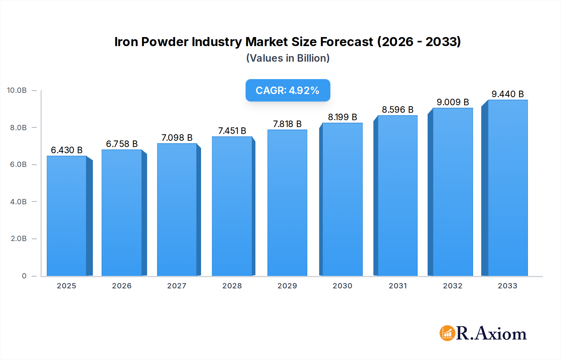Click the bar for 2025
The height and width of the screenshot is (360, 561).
67,216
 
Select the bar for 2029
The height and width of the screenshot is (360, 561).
287,202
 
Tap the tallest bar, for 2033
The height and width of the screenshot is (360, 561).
507,188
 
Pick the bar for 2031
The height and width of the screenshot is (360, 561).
397,196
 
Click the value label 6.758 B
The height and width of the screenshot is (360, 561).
122,144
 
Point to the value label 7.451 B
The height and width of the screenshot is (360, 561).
232,131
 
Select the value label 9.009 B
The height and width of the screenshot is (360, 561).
453,102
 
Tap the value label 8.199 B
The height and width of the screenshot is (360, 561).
342,117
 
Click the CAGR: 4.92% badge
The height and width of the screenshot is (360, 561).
288,90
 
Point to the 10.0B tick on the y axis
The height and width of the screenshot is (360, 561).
17,90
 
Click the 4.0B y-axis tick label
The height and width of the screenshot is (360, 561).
18,202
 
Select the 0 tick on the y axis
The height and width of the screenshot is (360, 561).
24,276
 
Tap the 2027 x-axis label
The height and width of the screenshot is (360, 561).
177,286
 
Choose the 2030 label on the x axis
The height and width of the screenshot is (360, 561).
342,286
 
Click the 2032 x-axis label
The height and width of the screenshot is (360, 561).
453,286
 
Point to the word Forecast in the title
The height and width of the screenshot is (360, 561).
346,42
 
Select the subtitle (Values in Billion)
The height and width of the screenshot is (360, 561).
288,58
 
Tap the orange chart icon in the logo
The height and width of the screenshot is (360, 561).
447,333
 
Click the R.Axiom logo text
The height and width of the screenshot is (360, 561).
491,333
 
